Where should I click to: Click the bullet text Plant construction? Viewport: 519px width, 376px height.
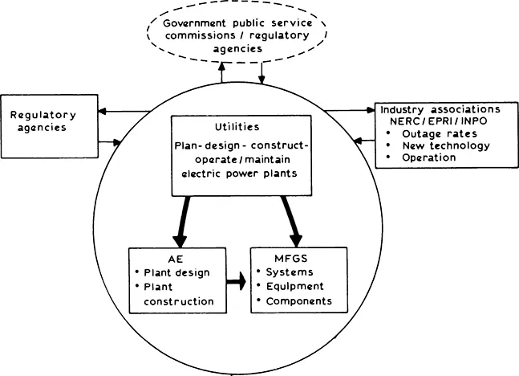[x=178, y=294]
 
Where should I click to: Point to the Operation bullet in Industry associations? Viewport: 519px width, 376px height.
[x=431, y=157]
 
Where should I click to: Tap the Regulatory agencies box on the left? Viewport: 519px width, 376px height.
[x=45, y=122]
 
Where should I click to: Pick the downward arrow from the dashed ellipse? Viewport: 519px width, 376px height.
[x=262, y=75]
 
